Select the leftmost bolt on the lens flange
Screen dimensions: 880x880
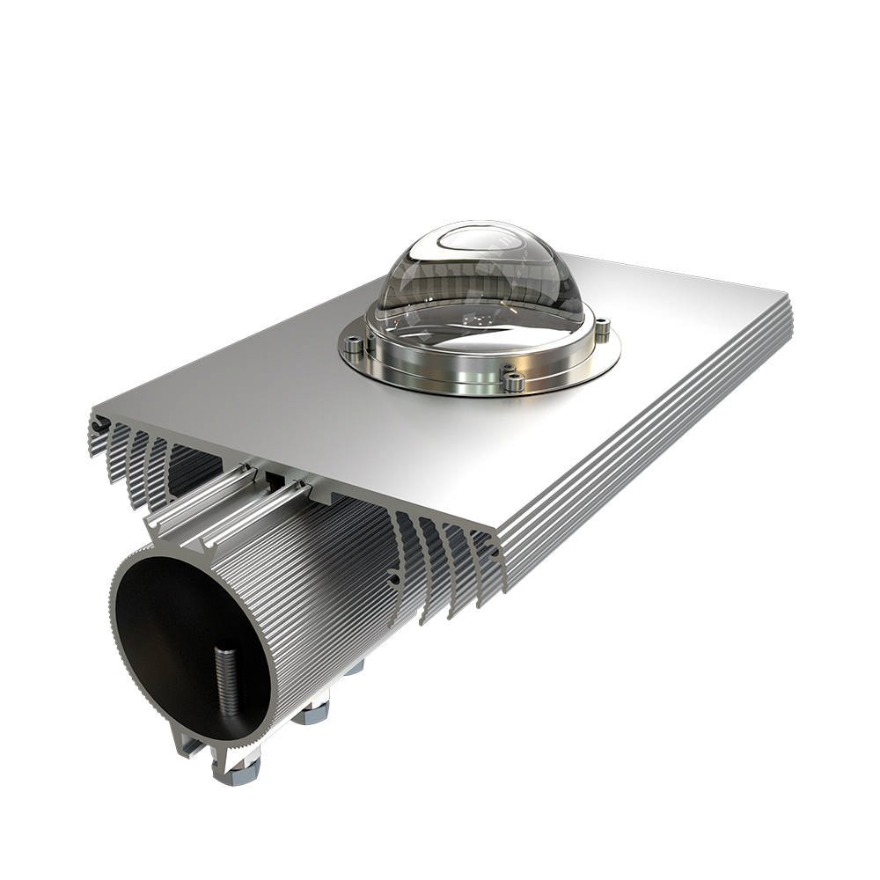[x=354, y=345]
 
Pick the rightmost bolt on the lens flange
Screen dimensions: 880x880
[x=602, y=330]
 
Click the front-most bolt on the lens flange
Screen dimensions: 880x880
[x=511, y=380]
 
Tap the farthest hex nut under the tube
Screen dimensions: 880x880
[x=354, y=669]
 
